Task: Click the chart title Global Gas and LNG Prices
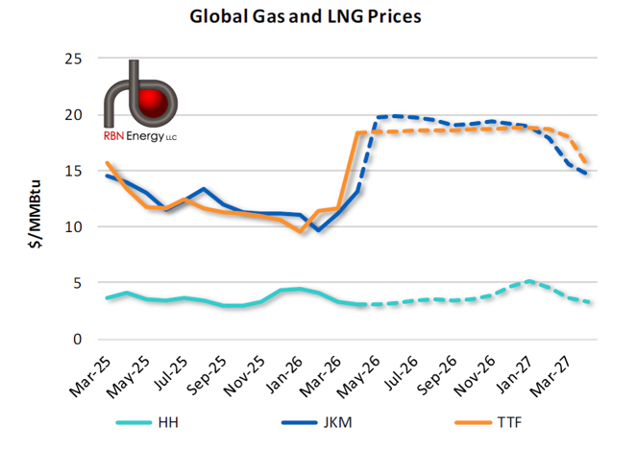click(317, 16)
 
